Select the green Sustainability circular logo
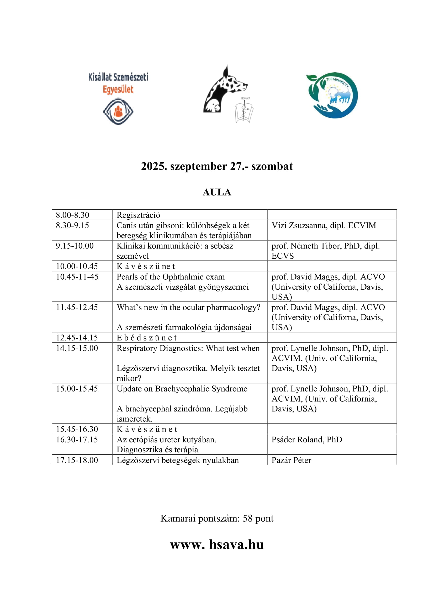[332, 95]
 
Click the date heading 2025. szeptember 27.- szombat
[217, 166]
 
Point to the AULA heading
[217, 192]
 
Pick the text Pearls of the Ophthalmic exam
[171, 277]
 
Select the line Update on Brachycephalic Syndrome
[182, 389]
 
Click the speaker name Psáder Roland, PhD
[307, 440]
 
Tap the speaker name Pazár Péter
[291, 460]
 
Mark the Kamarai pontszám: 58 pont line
[217, 518]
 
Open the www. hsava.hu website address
[217, 545]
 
